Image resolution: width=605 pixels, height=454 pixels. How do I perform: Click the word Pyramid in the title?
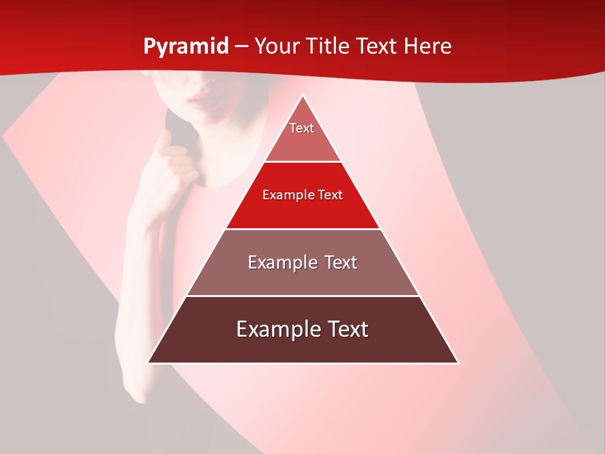coord(186,46)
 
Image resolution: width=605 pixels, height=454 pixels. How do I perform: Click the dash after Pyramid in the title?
coord(241,47)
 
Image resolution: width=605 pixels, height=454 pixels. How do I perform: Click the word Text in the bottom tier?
coord(346,329)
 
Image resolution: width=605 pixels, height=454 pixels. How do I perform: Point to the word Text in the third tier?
coord(337,262)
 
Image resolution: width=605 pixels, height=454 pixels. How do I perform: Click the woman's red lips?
coord(200,100)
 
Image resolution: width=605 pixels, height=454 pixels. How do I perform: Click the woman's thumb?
coord(165,140)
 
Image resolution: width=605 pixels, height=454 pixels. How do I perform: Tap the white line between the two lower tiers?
coord(302,296)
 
